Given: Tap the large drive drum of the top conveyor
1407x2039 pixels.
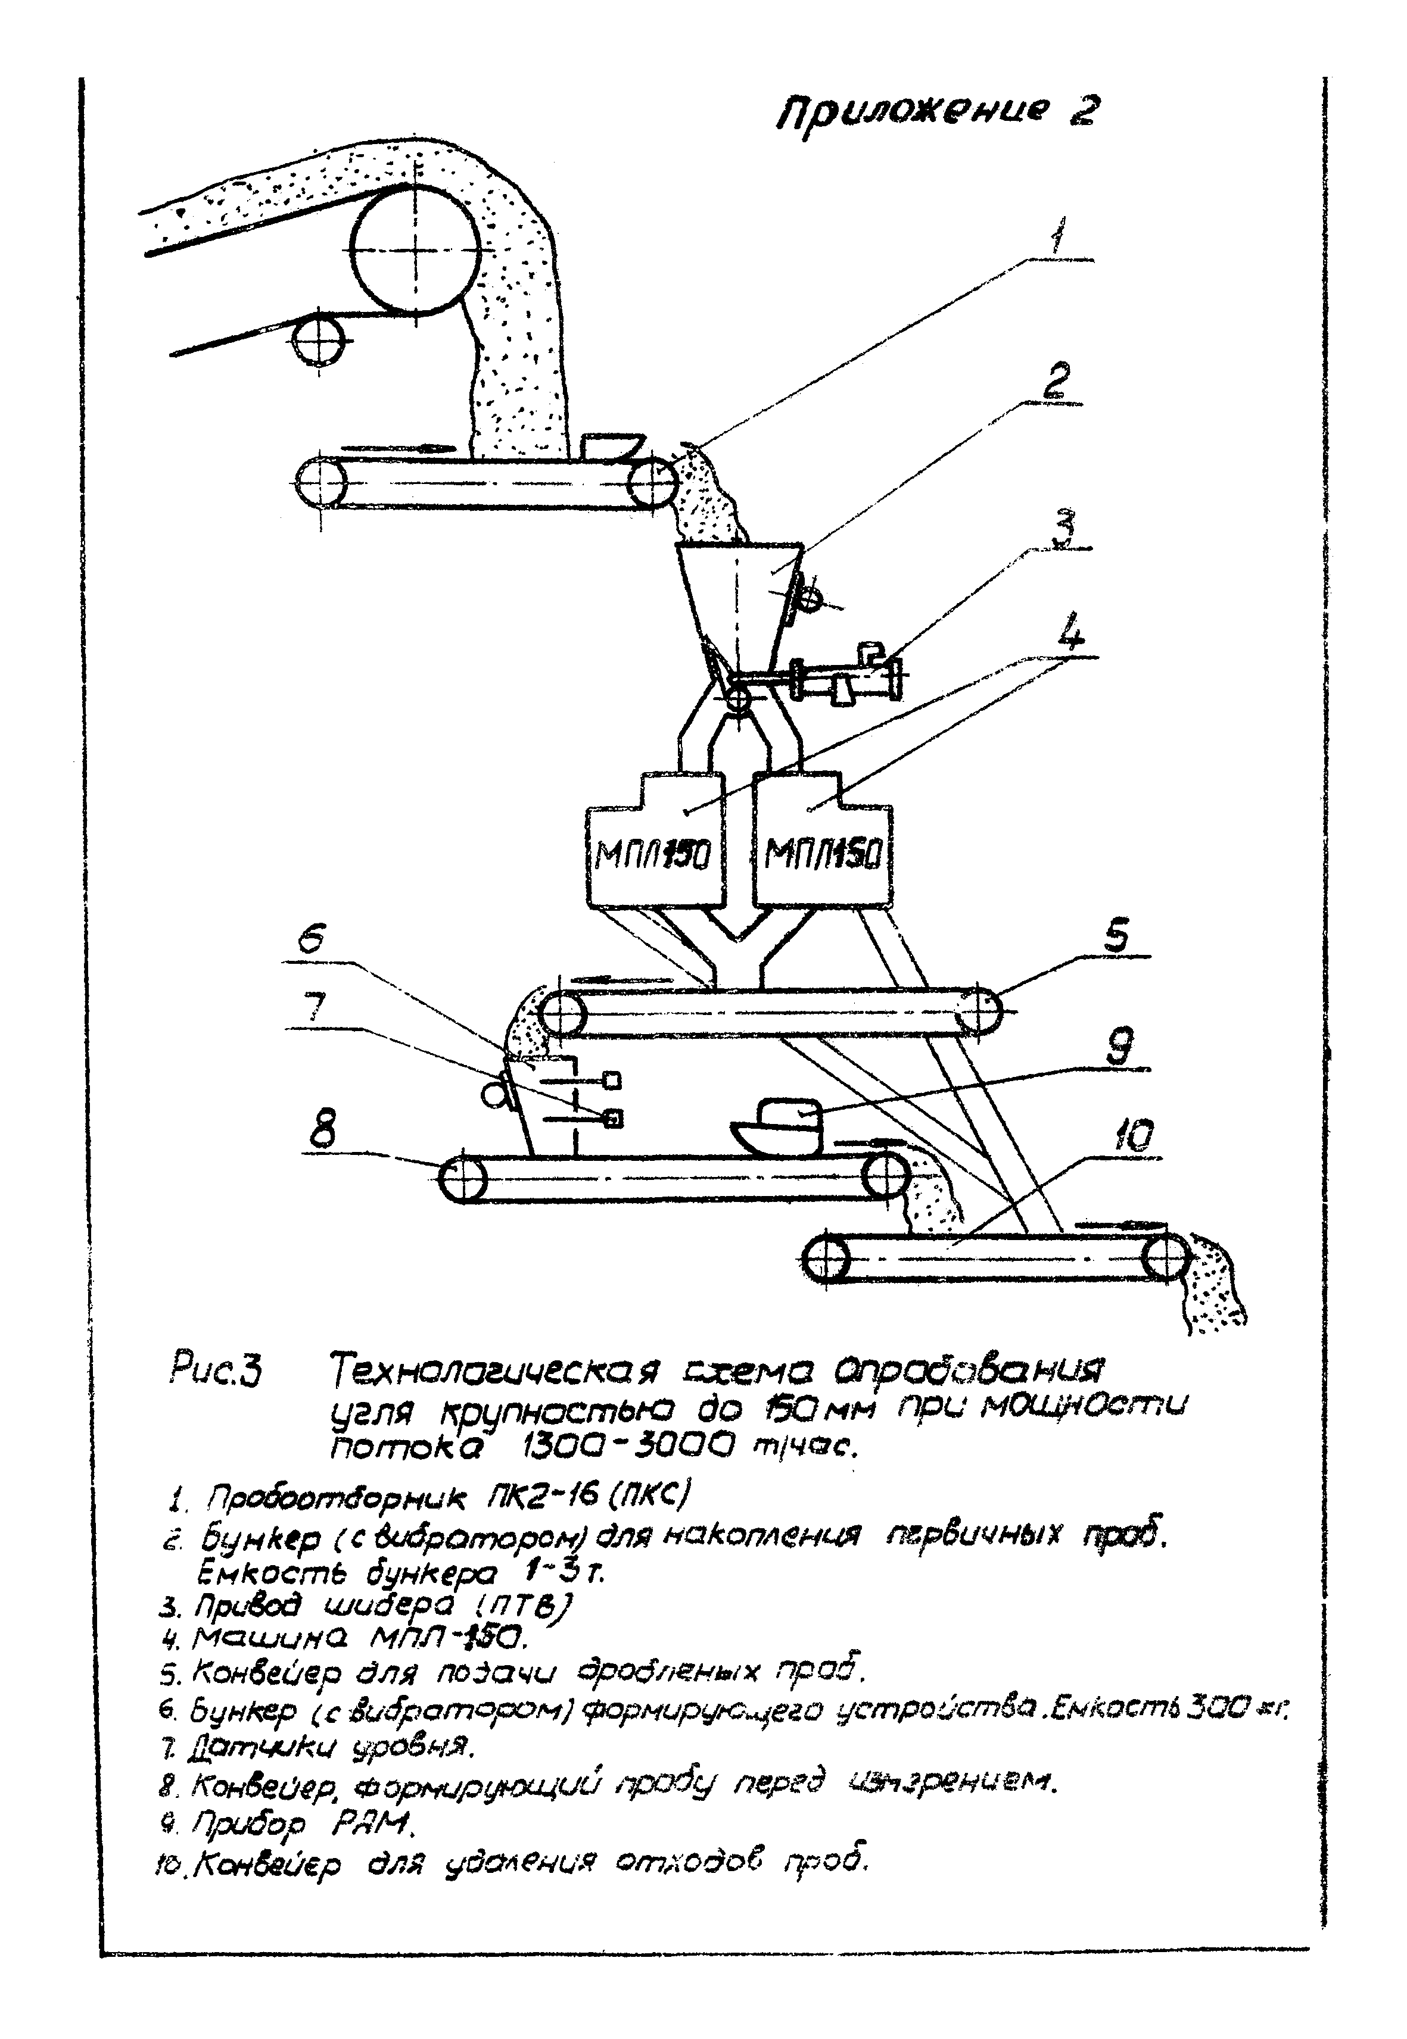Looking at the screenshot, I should pyautogui.click(x=415, y=248).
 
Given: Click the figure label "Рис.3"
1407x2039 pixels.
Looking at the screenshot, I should pyautogui.click(x=215, y=1373).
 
